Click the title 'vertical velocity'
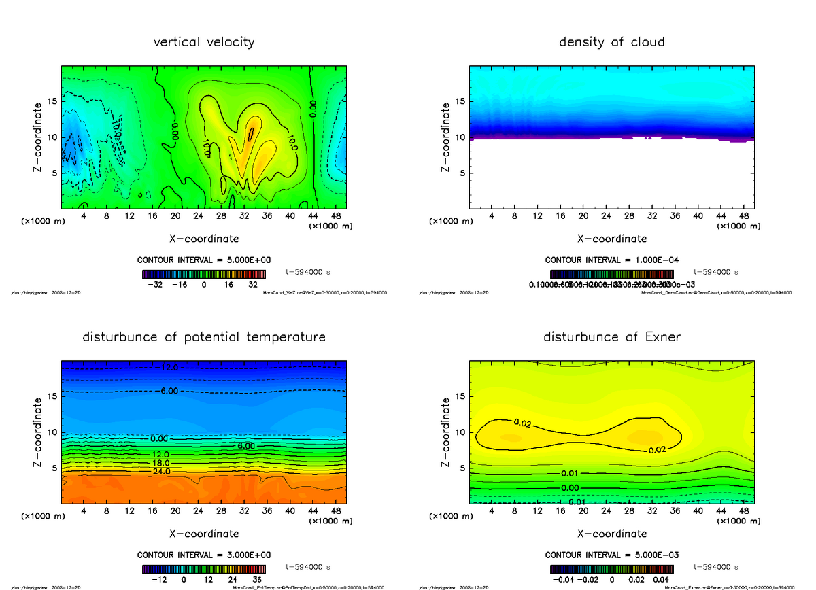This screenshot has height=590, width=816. coord(204,42)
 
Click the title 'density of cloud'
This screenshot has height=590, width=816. coord(611,42)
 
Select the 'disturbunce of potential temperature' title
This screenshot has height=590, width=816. coord(204,337)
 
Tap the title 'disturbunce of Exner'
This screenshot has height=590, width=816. coord(611,337)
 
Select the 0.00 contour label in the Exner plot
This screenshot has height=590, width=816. coord(571,488)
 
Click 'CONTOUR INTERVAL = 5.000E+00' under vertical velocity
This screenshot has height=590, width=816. coord(204,260)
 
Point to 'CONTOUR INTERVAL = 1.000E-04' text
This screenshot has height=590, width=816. coord(611,260)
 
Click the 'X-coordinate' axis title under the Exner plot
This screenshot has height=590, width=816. coord(611,534)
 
